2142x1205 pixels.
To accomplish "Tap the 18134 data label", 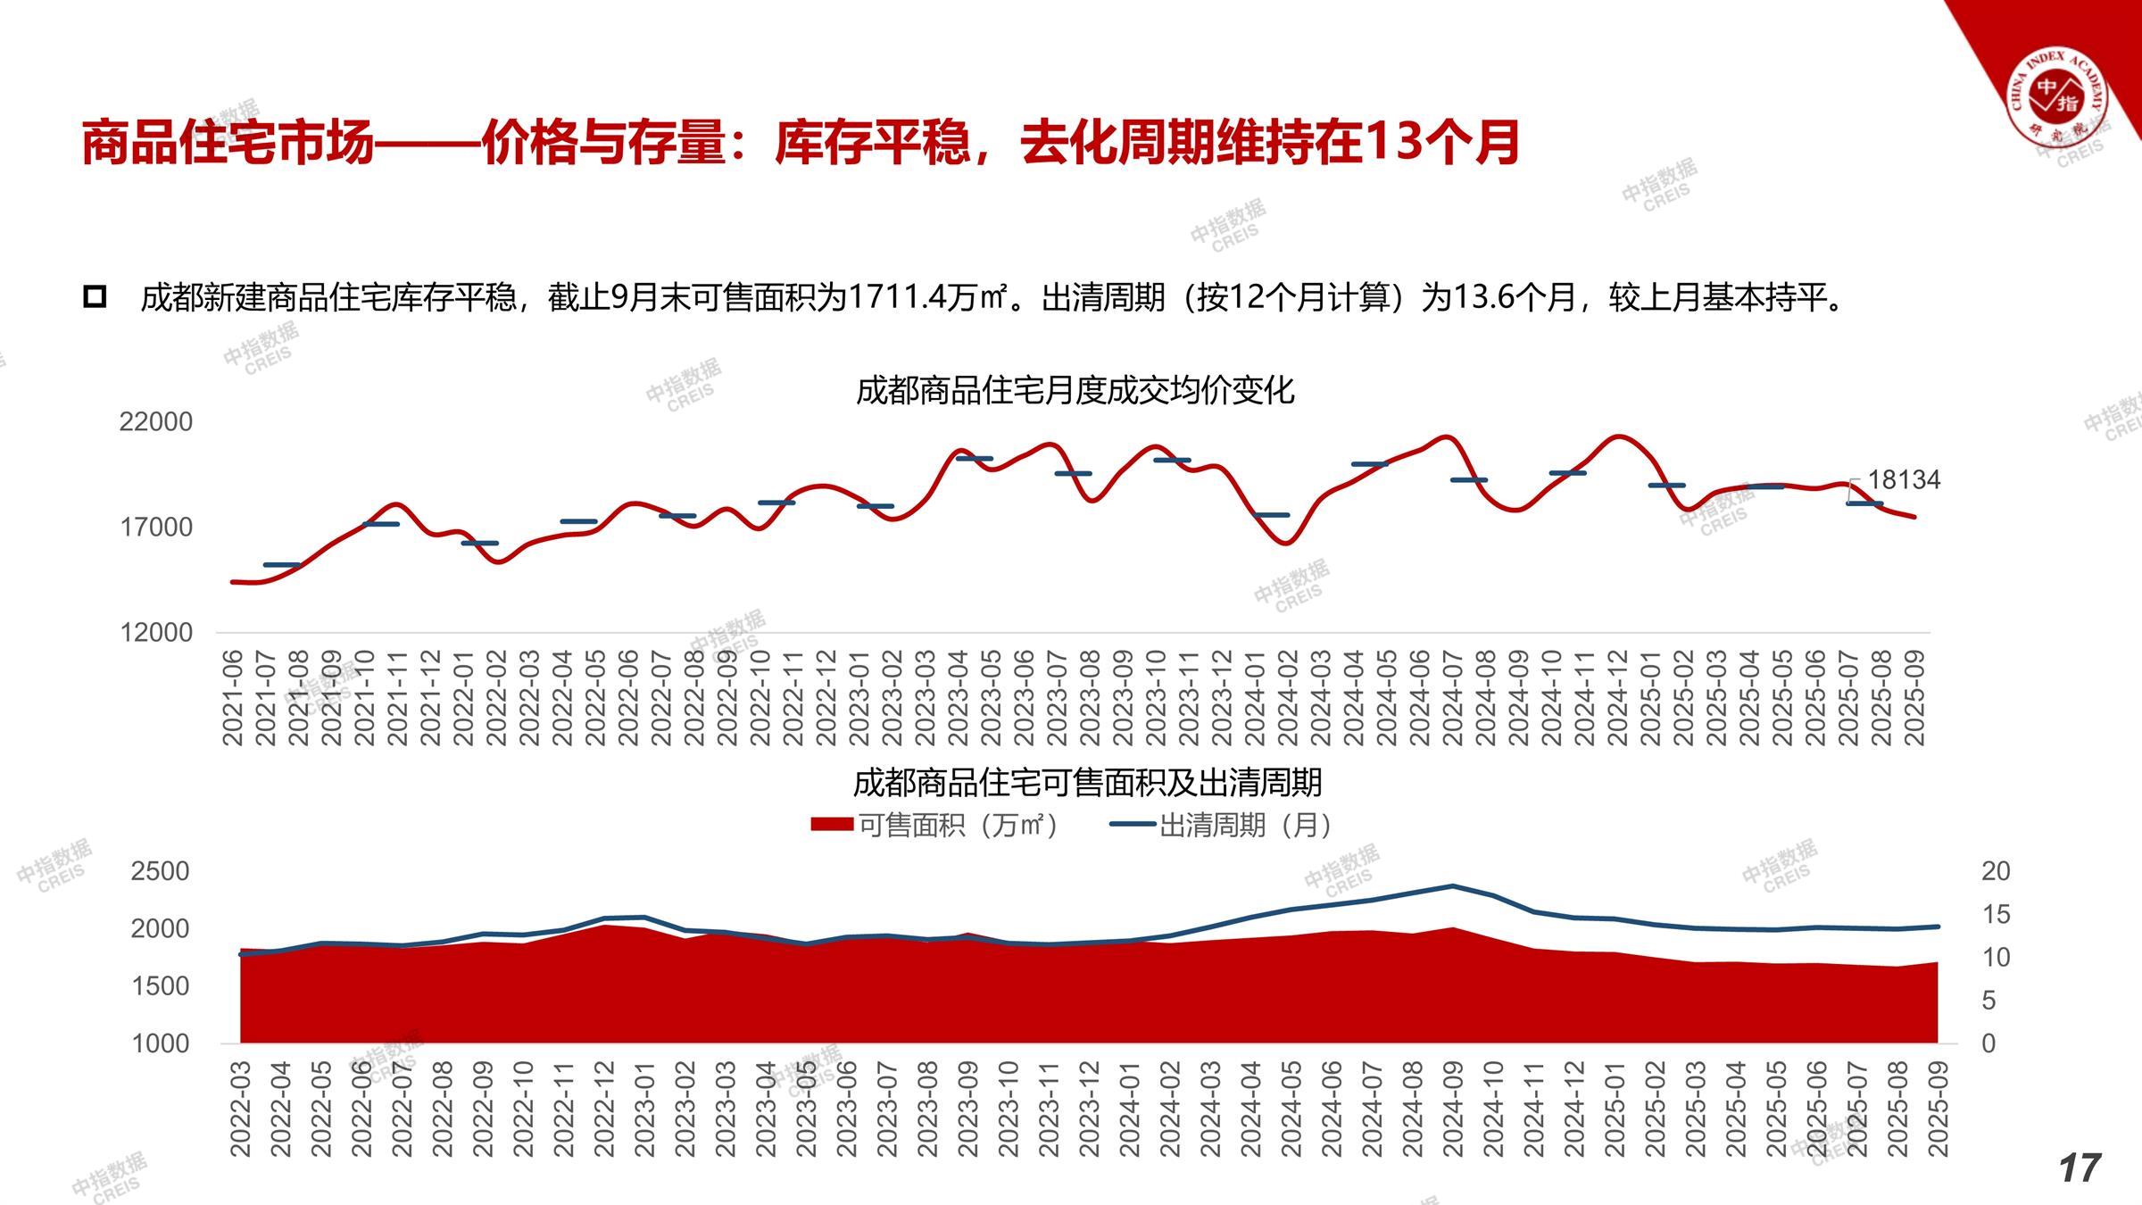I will [1904, 480].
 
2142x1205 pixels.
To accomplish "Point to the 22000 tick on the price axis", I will [156, 421].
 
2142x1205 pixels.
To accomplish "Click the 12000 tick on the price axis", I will [156, 632].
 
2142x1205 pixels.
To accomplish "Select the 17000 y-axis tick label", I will [156, 527].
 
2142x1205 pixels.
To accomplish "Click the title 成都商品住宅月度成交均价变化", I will [1075, 390].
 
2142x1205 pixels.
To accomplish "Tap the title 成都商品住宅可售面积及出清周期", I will [1087, 783].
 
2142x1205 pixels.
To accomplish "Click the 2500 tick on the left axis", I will [161, 871].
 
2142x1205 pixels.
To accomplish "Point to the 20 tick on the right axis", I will [1996, 871].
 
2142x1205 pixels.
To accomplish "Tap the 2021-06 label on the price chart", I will [232, 698].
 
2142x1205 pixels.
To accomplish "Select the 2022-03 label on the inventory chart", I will [241, 1109].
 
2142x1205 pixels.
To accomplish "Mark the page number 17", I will [2080, 1168].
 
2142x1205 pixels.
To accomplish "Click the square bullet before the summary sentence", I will [95, 297].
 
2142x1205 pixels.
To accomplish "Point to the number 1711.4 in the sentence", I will [902, 297].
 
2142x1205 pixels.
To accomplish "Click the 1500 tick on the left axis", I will [161, 986].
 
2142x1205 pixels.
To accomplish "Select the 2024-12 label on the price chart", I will [1617, 698].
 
